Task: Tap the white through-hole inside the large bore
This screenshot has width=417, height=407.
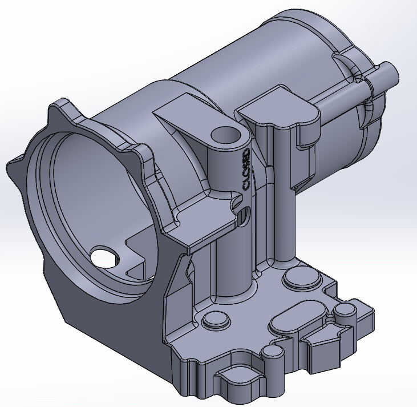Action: click(103, 257)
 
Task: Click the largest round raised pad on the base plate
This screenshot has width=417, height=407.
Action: click(301, 280)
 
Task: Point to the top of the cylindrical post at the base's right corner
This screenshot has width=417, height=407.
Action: click(345, 311)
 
